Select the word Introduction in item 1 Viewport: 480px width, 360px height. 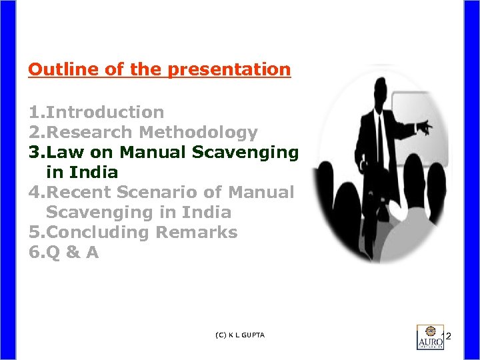(105, 112)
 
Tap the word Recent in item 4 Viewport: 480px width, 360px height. (79, 192)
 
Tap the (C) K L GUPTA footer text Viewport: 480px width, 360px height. (241, 335)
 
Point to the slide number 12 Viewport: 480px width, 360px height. (447, 335)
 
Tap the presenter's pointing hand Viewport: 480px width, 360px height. (425, 127)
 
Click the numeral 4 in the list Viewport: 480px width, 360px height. (33, 192)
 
